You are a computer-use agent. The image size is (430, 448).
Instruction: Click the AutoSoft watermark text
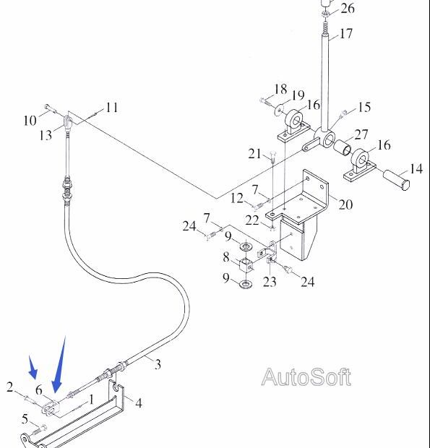click(x=306, y=377)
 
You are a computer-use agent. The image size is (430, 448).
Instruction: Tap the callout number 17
click(x=346, y=33)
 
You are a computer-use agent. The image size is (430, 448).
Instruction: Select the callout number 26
click(x=348, y=8)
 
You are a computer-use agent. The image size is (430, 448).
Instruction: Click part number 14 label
click(x=416, y=168)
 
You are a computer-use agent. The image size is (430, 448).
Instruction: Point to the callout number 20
click(x=345, y=204)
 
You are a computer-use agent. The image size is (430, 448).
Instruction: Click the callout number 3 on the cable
click(x=158, y=364)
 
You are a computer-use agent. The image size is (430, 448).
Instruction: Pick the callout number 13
click(x=46, y=135)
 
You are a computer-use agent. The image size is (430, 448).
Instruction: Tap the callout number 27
click(x=361, y=134)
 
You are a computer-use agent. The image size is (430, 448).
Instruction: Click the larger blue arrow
click(x=59, y=364)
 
